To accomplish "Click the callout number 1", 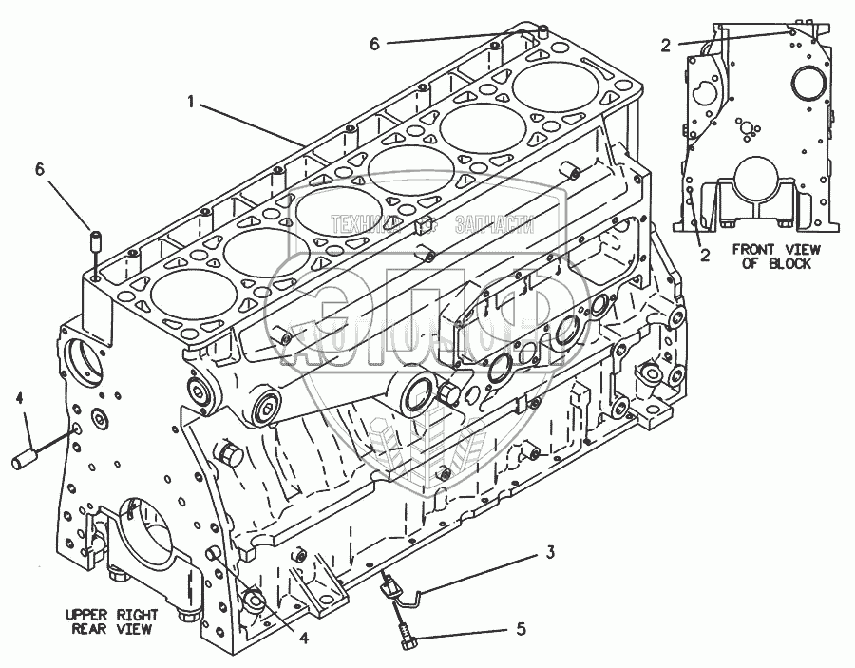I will pyautogui.click(x=192, y=101).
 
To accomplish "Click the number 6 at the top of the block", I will pyautogui.click(x=374, y=44).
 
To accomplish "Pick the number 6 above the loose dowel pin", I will pyautogui.click(x=40, y=168).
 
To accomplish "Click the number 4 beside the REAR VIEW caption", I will pyautogui.click(x=304, y=639).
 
